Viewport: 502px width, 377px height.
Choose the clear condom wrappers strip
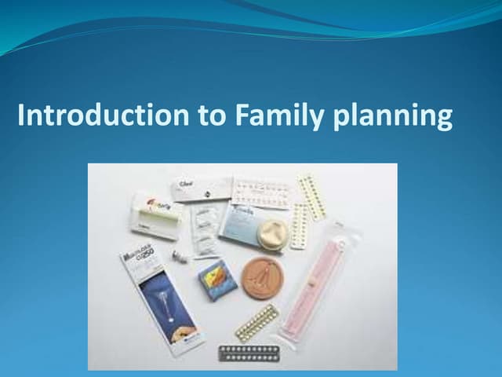(204, 228)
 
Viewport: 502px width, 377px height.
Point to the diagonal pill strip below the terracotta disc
(256, 322)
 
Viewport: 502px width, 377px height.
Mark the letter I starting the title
(21, 116)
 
